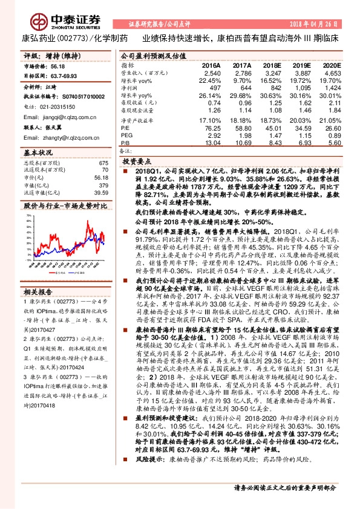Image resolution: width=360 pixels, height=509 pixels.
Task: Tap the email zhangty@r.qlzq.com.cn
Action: (61, 138)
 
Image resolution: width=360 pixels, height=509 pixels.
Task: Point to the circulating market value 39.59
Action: (102, 192)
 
